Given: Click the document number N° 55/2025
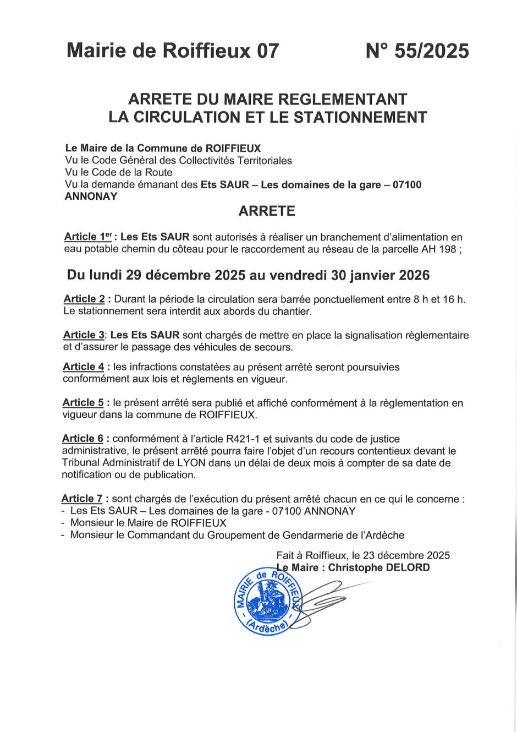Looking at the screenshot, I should tap(417, 51).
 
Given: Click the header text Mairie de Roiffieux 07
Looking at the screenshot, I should tap(173, 51).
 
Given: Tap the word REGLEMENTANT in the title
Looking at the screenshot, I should tap(342, 100).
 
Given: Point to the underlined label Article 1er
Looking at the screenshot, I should tap(88, 237).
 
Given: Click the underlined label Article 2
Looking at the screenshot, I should tap(84, 299).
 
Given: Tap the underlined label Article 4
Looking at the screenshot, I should tap(83, 367).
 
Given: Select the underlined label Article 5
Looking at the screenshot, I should tap(83, 402).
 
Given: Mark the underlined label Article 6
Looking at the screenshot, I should tap(82, 439).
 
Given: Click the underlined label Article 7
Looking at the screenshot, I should tap(82, 499).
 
